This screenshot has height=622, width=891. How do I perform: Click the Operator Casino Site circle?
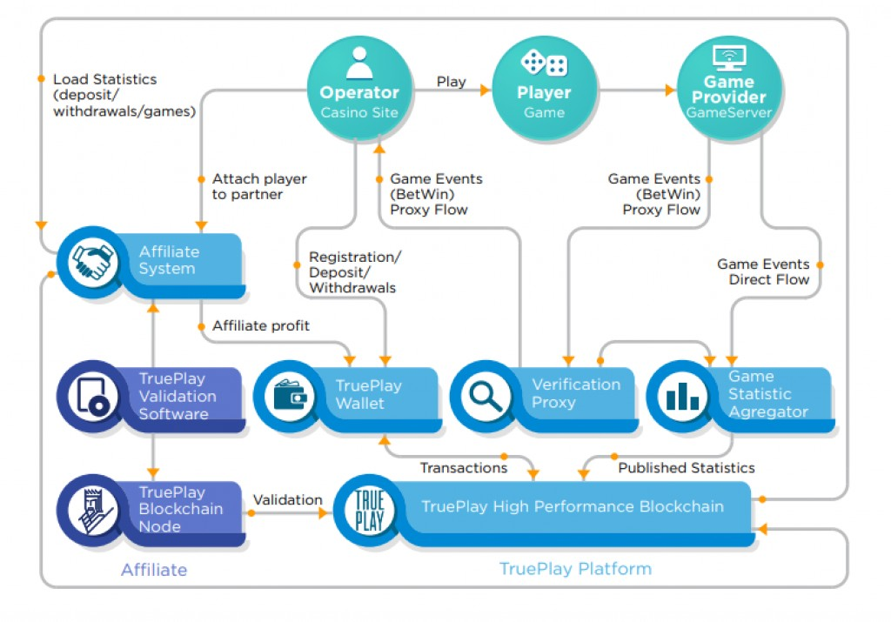point(359,88)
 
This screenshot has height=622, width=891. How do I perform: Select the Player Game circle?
point(544,88)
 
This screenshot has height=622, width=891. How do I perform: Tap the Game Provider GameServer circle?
point(729,88)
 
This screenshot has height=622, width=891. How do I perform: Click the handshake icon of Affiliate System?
point(92,262)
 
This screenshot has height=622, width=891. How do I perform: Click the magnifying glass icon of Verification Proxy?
point(485,396)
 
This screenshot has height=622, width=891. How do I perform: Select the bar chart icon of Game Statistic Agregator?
point(682,396)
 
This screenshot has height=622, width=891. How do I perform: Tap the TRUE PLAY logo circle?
point(369,510)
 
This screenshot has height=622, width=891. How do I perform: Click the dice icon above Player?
point(544,62)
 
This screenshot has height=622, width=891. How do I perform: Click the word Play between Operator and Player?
point(452,82)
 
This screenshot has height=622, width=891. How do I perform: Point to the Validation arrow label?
point(287,500)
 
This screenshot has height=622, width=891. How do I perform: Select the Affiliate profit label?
point(261,325)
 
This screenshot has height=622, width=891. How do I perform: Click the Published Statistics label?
point(687,467)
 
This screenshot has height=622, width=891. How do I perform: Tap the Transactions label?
point(464,467)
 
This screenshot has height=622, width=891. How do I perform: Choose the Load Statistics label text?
point(124,95)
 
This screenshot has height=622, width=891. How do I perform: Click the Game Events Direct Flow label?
point(763,271)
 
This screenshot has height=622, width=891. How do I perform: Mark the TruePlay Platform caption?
point(576,569)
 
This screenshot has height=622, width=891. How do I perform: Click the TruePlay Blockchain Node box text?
point(181,509)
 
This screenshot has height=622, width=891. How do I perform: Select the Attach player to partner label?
point(259,186)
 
